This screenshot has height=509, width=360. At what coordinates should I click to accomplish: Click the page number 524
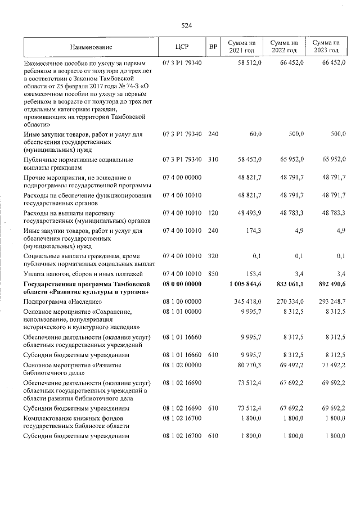click(187, 25)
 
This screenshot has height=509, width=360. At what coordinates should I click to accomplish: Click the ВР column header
click(213, 47)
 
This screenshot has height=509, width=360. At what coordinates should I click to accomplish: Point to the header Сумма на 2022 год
click(283, 47)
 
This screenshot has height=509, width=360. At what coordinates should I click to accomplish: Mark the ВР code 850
click(213, 273)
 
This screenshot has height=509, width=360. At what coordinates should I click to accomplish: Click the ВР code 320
click(213, 256)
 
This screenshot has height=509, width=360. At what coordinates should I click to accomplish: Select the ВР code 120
click(213, 213)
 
